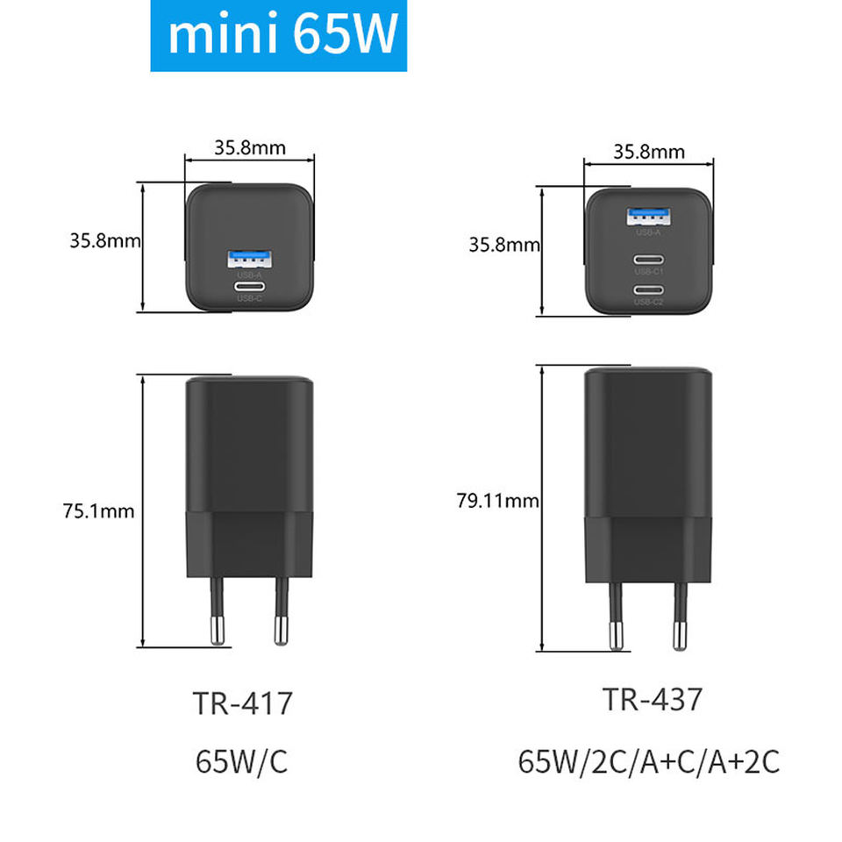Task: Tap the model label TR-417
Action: tap(242, 703)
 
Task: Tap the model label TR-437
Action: tap(652, 700)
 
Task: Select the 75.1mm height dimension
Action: tap(98, 511)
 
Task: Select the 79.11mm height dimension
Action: tap(496, 501)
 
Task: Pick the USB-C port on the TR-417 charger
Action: tap(249, 287)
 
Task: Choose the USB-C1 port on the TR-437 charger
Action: tap(648, 260)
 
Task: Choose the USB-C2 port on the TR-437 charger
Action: tap(648, 290)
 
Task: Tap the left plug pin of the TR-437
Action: tap(614, 614)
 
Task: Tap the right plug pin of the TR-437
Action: tap(679, 614)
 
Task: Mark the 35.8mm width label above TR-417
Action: tap(250, 146)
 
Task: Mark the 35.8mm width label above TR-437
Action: tap(649, 151)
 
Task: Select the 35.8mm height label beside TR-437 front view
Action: tap(504, 245)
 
